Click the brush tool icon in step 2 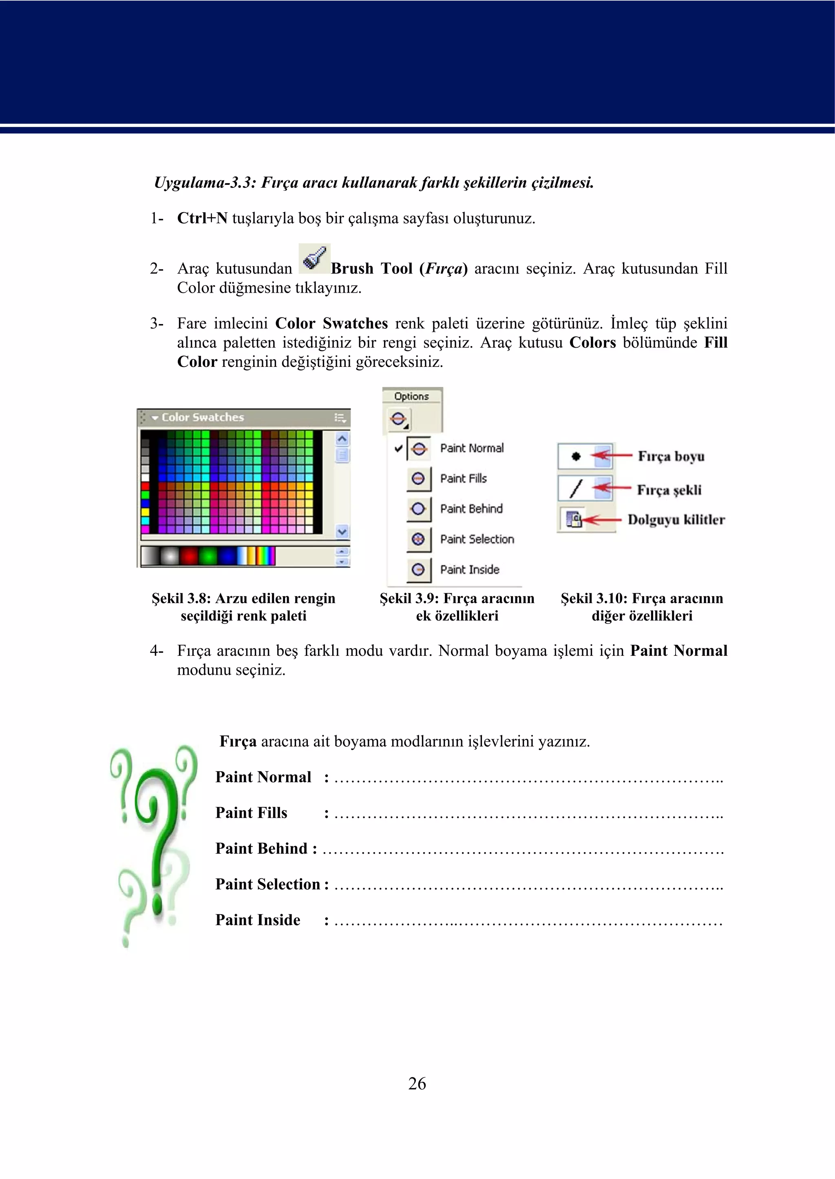coord(314,258)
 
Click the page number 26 coord(417,1083)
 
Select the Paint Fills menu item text coord(463,479)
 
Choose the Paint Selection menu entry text coord(477,540)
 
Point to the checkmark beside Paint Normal coord(398,448)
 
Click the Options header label coord(411,396)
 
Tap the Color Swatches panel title coord(203,417)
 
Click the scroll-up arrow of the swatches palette coord(342,439)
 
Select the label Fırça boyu coord(671,457)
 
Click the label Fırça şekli coord(669,490)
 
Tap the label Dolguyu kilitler coord(676,520)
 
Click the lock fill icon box coord(573,519)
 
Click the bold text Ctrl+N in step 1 coord(202,218)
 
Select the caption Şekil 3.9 coord(457,607)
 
